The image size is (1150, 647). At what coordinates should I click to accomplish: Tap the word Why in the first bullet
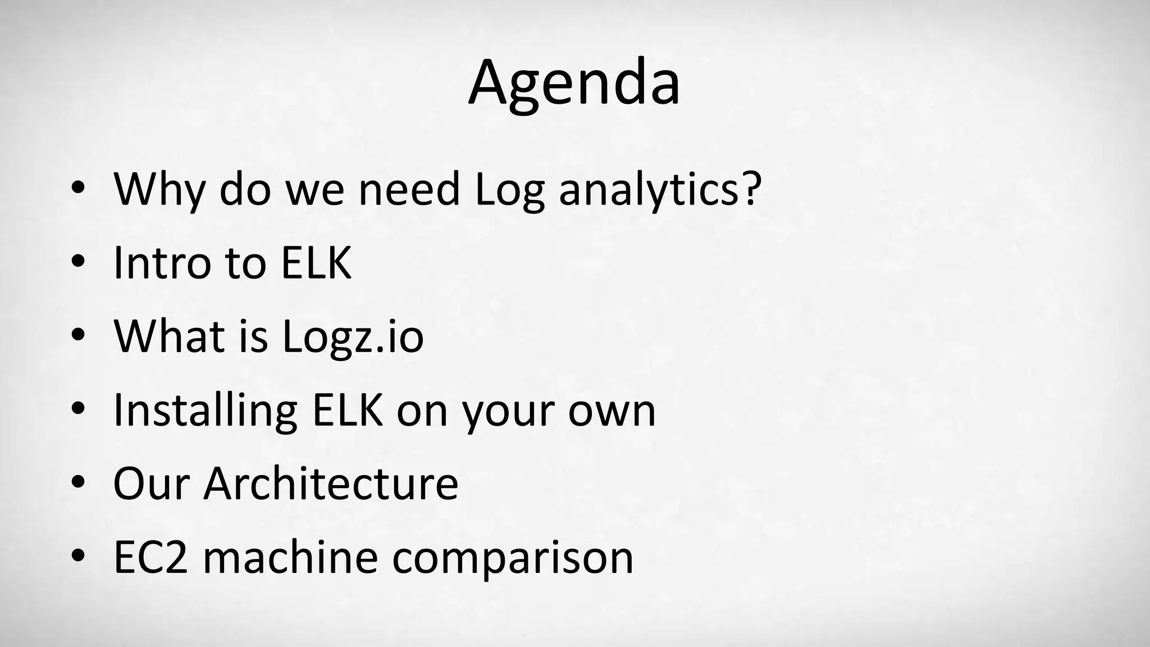tap(159, 189)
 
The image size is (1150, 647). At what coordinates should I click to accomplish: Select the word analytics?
tap(660, 189)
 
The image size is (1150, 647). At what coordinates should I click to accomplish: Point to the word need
tap(409, 189)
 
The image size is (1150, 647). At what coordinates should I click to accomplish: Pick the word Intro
tap(162, 262)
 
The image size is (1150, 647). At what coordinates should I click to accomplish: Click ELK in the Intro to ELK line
tap(316, 262)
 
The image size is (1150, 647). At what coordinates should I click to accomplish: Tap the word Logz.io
tap(353, 337)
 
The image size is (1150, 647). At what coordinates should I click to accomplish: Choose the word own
tap(612, 411)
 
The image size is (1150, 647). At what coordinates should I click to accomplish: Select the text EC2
tap(150, 557)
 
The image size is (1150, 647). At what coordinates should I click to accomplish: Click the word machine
tap(290, 557)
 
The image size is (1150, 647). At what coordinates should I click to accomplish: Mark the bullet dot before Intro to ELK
tap(79, 262)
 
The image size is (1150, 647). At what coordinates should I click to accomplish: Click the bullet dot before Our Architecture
tap(79, 482)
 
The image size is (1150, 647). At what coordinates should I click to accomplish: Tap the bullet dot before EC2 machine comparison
tap(79, 557)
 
